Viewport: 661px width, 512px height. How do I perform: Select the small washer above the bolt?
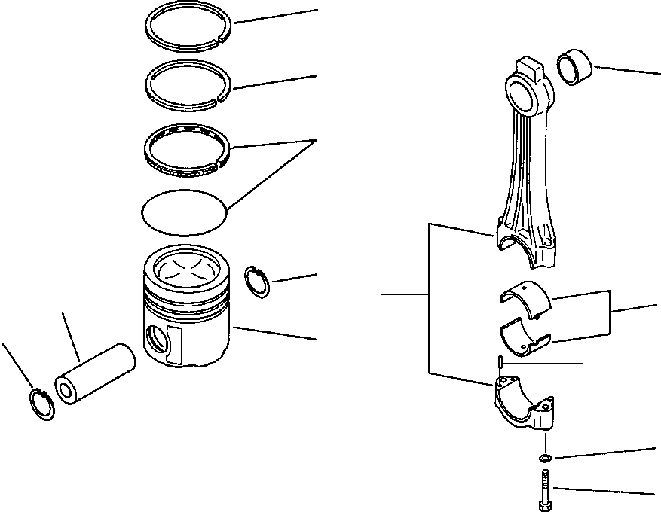point(544,458)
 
